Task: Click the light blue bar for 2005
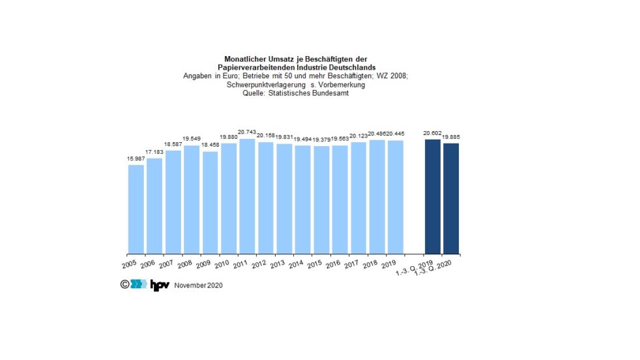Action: click(x=136, y=209)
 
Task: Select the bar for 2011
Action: click(x=247, y=196)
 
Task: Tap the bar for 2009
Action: click(x=210, y=202)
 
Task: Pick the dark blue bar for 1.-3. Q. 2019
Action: click(x=432, y=196)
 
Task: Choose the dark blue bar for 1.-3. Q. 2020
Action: click(x=451, y=198)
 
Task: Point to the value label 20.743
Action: click(x=247, y=132)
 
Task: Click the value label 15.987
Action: click(x=136, y=158)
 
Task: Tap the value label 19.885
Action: click(x=452, y=136)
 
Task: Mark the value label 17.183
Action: click(x=154, y=152)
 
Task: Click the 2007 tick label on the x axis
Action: click(x=166, y=263)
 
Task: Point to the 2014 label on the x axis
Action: click(x=295, y=263)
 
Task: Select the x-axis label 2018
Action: click(x=370, y=263)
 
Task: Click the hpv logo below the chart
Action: click(x=160, y=285)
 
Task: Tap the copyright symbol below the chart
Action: click(x=124, y=284)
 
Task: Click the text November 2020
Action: click(x=199, y=286)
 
